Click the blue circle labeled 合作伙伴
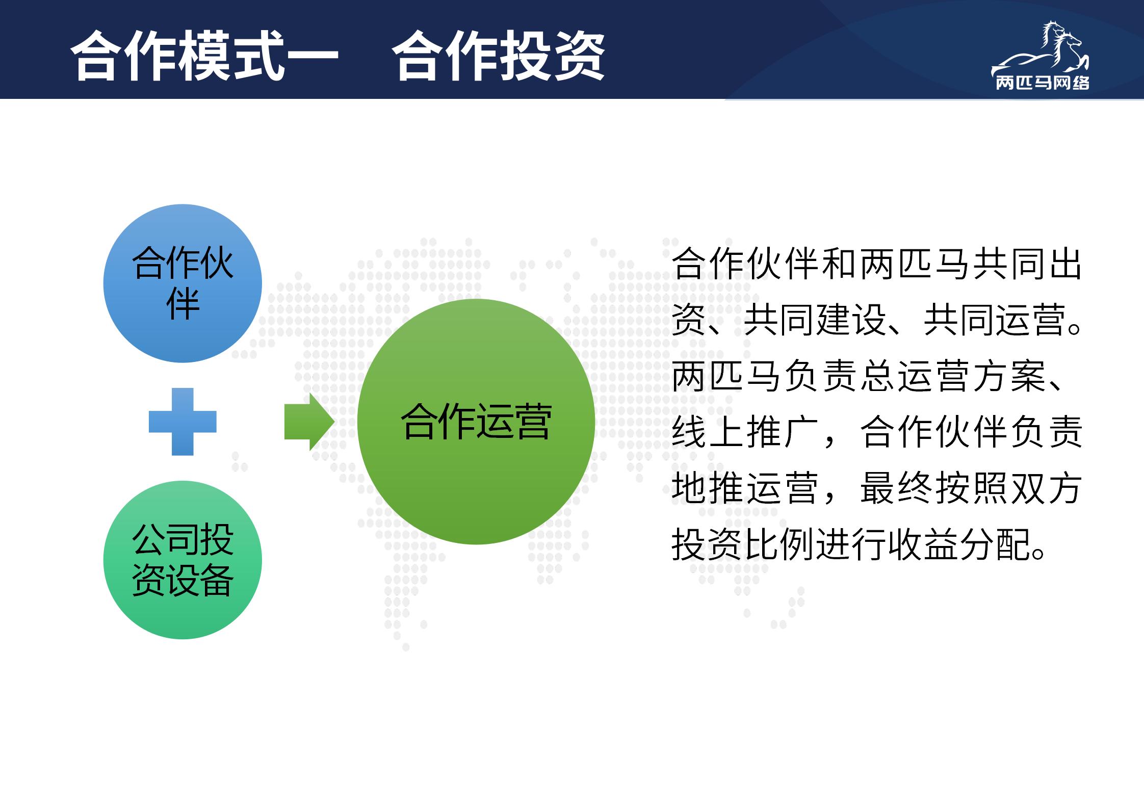pos(183,283)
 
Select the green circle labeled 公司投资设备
pos(183,560)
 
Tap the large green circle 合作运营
pos(476,422)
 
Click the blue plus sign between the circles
pos(183,422)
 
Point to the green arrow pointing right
pos(309,422)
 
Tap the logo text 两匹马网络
pos(1042,83)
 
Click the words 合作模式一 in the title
pos(204,56)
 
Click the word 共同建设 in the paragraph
pos(815,320)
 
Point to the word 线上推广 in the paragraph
pos(745,432)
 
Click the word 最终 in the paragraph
pos(896,488)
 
